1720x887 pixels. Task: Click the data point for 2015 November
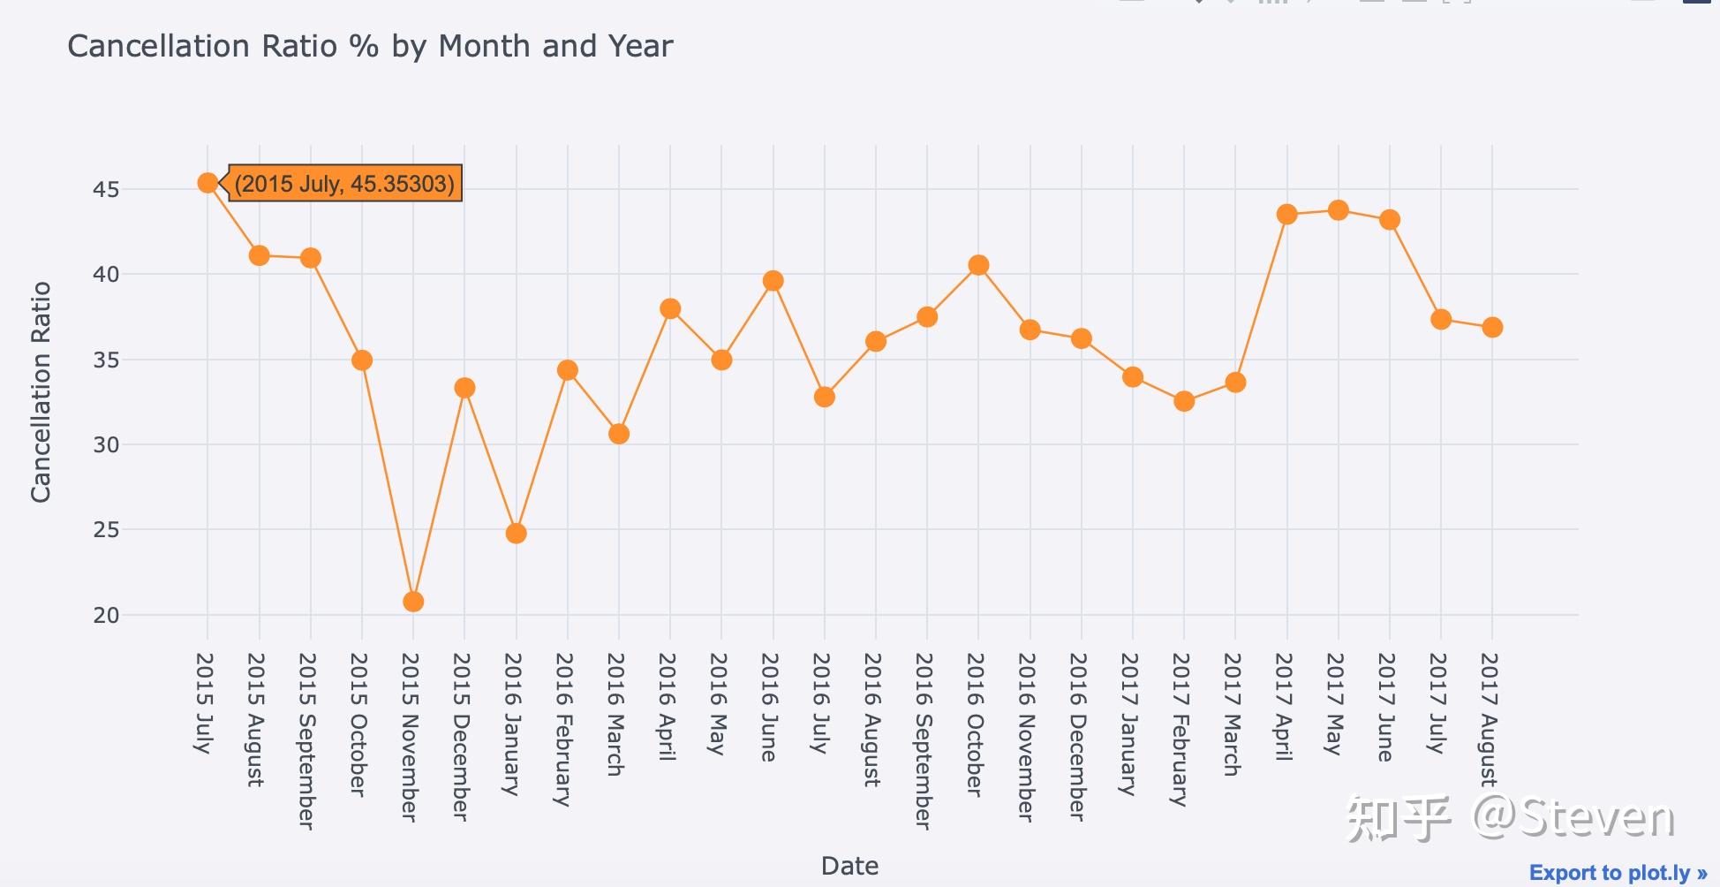click(x=413, y=602)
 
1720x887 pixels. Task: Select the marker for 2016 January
click(x=517, y=534)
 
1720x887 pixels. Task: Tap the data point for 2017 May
click(x=1339, y=210)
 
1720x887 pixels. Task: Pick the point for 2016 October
click(x=978, y=265)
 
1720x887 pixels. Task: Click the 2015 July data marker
click(x=207, y=183)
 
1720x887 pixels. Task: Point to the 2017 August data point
click(x=1492, y=328)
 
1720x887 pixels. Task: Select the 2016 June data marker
click(x=773, y=281)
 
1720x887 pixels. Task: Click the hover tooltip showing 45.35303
click(x=345, y=184)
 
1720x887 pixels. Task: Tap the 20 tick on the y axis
click(x=106, y=615)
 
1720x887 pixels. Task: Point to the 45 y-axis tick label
click(x=106, y=190)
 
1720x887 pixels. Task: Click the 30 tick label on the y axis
click(x=106, y=445)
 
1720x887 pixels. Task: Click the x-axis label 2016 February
click(x=564, y=729)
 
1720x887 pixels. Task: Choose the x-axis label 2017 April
click(x=1284, y=707)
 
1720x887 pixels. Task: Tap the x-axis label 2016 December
click(x=1078, y=736)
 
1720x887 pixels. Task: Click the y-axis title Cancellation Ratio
click(x=41, y=392)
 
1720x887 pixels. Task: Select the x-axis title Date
click(x=849, y=866)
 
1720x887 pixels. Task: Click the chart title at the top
click(x=370, y=46)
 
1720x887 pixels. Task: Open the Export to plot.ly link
click(x=1618, y=873)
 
